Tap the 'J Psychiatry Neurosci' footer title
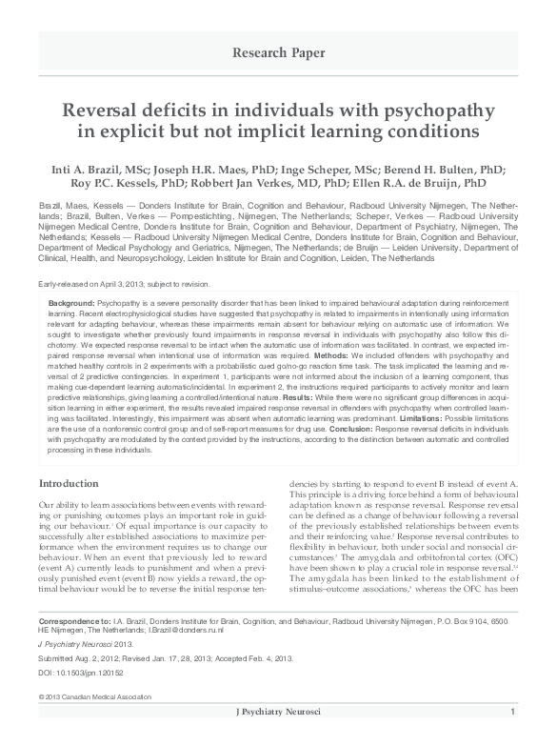(278, 738)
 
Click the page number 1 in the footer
(513, 738)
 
